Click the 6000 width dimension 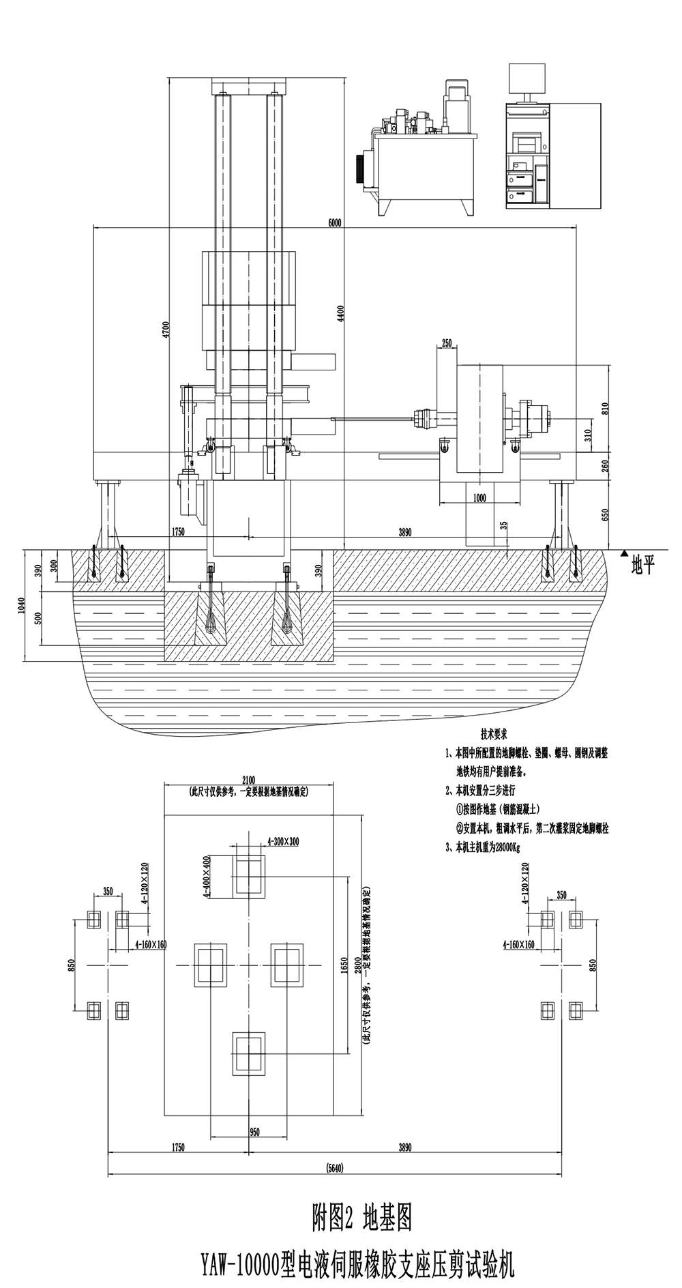coord(334,222)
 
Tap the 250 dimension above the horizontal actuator coord(447,343)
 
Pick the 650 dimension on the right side coord(604,514)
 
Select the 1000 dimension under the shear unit coord(479,498)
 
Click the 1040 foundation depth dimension coord(22,605)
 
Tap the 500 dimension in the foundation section coord(38,618)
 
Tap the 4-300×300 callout coord(283,841)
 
